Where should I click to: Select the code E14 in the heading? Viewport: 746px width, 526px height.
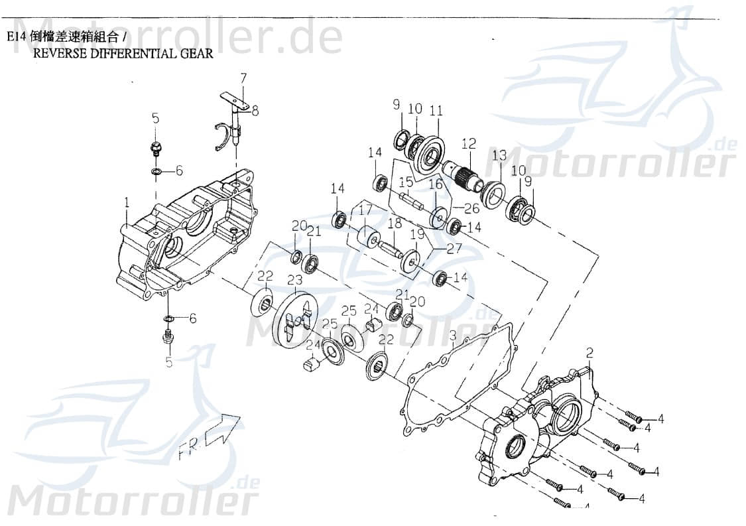[x=17, y=38]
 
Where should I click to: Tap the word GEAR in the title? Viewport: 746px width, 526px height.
[x=197, y=54]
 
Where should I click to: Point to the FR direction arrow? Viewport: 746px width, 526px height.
[x=222, y=431]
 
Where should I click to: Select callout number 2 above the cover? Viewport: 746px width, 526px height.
[x=590, y=353]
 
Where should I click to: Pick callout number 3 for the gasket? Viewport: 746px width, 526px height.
[x=452, y=336]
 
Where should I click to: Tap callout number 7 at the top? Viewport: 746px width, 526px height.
[x=243, y=78]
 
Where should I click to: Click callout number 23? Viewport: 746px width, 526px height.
[x=294, y=281]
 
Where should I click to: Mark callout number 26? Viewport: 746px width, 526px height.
[x=471, y=208]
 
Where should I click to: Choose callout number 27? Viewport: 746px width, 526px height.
[x=455, y=249]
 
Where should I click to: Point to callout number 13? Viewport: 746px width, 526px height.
[x=499, y=155]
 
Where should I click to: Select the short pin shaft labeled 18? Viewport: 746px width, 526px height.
[x=391, y=250]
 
